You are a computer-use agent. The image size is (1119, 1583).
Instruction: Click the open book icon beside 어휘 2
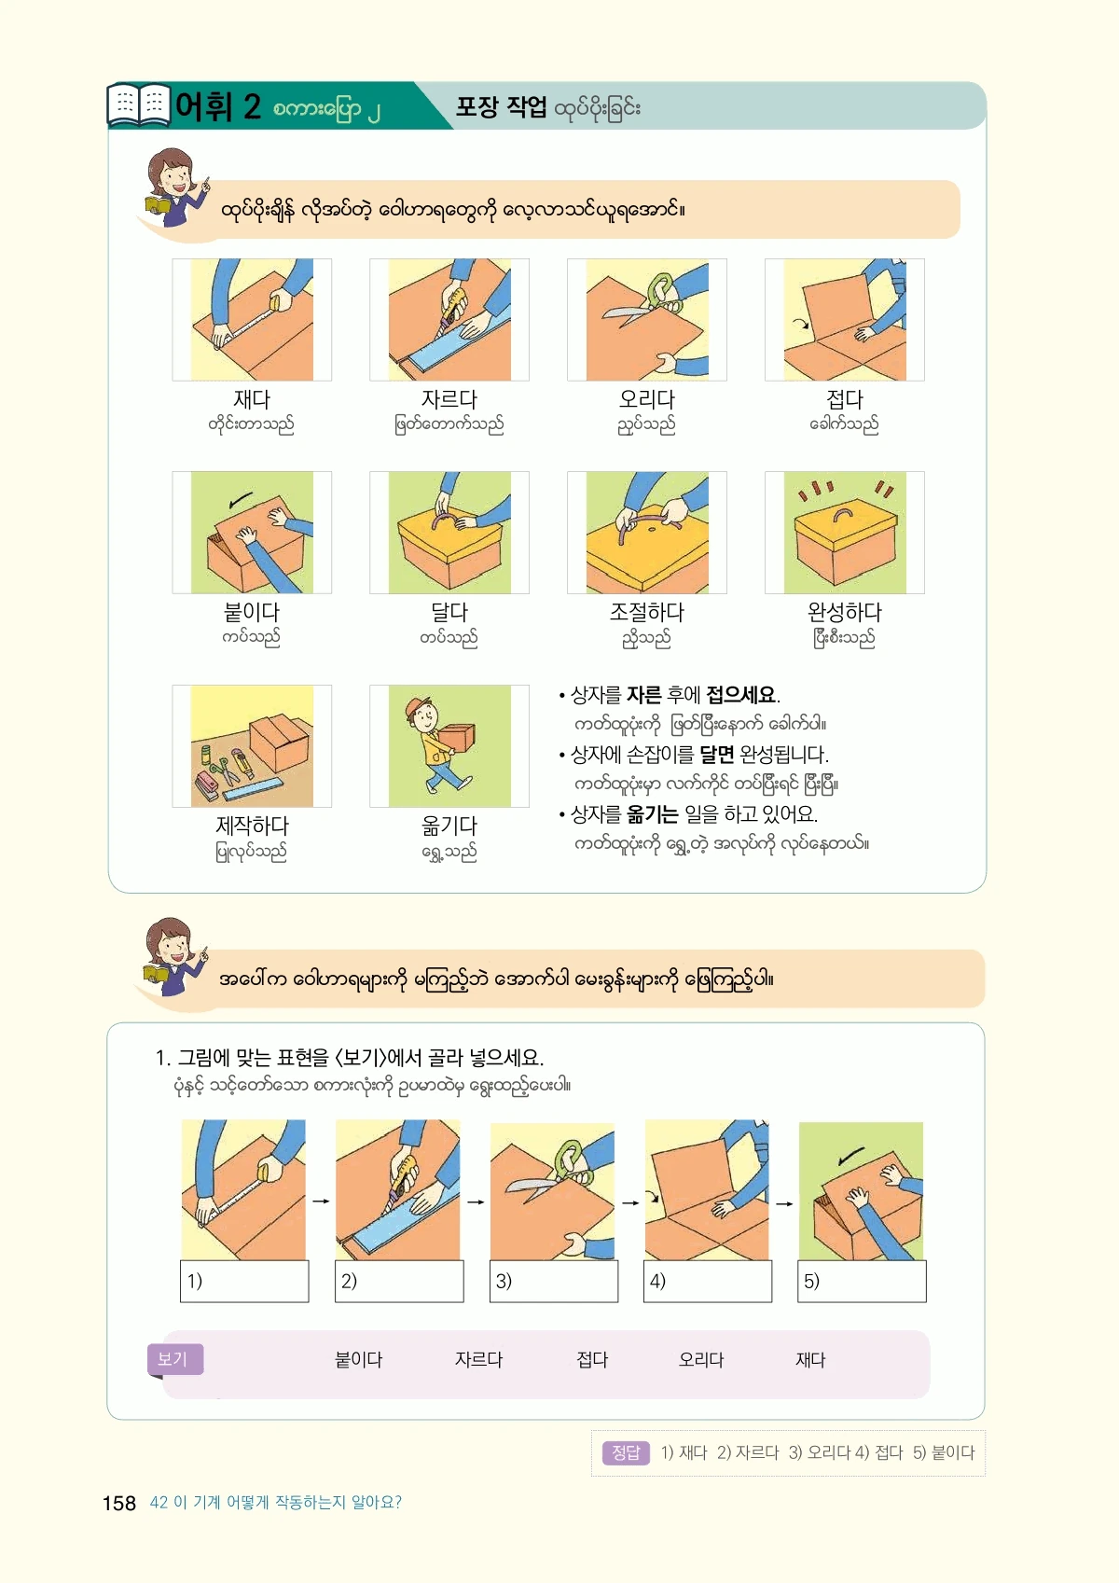tap(139, 105)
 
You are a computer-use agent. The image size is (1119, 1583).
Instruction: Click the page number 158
tap(118, 1503)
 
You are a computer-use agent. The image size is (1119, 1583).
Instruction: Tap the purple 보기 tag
tap(175, 1359)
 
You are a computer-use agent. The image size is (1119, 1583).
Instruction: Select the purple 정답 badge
tap(626, 1452)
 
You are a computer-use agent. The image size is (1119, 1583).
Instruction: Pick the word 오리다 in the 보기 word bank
tap(701, 1360)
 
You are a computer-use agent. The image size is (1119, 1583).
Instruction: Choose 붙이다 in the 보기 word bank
tap(358, 1360)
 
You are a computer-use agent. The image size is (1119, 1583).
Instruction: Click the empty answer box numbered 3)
tap(554, 1281)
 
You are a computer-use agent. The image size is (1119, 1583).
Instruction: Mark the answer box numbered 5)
tap(862, 1281)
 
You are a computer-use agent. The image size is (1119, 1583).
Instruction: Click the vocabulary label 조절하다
tap(646, 612)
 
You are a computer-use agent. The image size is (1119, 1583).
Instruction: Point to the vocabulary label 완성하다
tap(844, 612)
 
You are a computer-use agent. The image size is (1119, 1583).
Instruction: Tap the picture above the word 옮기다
tap(449, 745)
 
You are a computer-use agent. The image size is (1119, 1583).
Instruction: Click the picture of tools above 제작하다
tap(252, 745)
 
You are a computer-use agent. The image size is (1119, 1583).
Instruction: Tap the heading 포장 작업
tap(501, 106)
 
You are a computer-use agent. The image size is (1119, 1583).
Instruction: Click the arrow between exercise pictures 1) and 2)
tap(322, 1201)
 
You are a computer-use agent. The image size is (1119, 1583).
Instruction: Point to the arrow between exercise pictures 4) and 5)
tap(784, 1202)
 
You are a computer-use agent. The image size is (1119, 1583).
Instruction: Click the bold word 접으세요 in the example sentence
tap(741, 695)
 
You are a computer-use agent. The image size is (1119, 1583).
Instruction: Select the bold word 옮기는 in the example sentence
tap(652, 814)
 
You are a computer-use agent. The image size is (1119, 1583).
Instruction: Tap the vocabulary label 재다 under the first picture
tap(252, 399)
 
